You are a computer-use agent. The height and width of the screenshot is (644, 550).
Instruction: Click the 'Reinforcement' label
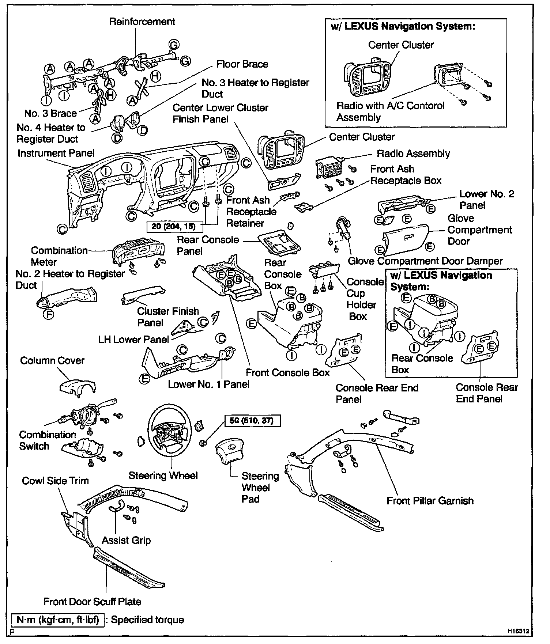[142, 22]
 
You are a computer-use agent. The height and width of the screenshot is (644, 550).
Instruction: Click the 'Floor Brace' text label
[242, 64]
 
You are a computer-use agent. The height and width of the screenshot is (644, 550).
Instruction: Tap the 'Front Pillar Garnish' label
[430, 501]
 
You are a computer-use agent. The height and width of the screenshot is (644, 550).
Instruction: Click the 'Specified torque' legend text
[147, 620]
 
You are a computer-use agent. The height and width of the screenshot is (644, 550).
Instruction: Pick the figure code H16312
[517, 631]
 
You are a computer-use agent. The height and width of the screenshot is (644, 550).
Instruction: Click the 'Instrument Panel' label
[56, 154]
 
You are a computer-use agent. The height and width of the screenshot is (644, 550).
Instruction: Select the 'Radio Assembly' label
[413, 154]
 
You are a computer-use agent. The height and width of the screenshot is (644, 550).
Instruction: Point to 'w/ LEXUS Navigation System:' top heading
[402, 26]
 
